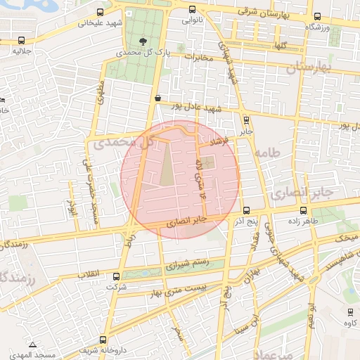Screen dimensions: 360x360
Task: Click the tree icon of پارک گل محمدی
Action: pos(144,41)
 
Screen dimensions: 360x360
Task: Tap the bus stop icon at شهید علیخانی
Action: pos(101,13)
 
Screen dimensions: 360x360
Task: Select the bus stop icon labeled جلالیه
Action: pos(22,41)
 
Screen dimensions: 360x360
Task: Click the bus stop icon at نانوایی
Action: pos(193,11)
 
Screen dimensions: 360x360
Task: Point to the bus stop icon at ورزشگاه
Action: pos(317,16)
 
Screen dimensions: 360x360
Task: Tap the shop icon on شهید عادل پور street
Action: pos(157,99)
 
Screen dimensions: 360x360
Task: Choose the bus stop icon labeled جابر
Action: pos(245,120)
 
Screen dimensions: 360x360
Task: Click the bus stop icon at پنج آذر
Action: pos(246,210)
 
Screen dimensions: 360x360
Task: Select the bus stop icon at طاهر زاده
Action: pos(303,210)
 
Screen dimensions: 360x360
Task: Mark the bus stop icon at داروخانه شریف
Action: pos(103,340)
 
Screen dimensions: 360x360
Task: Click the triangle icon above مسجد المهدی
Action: pos(32,345)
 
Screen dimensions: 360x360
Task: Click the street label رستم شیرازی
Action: pos(188,265)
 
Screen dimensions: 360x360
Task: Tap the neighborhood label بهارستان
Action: pos(309,67)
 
